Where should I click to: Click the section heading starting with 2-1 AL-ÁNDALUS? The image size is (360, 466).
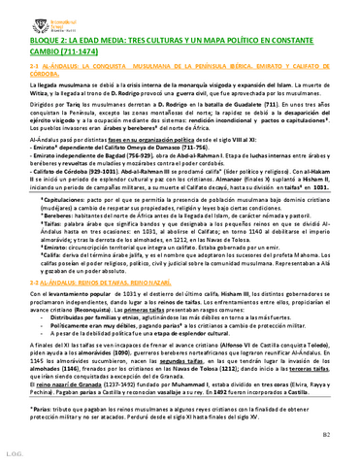(34, 70)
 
